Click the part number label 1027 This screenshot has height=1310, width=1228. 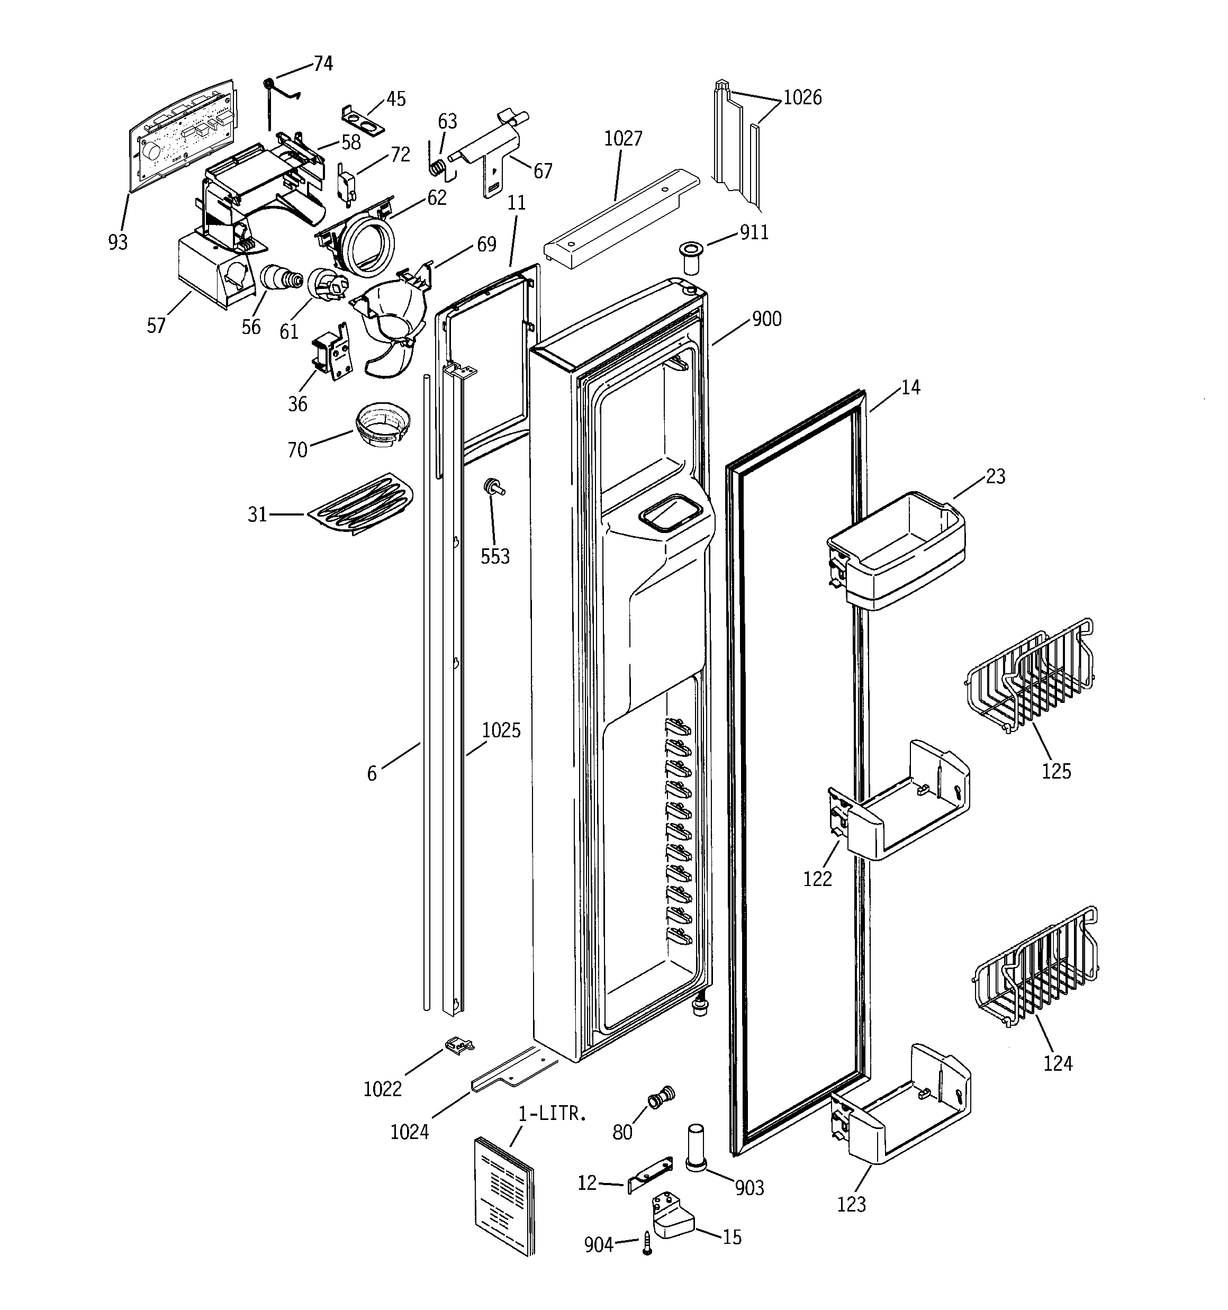[x=623, y=138]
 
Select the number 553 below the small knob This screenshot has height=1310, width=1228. [x=495, y=557]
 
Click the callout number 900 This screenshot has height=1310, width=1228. [x=766, y=320]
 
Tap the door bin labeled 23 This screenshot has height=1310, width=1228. [x=897, y=551]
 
